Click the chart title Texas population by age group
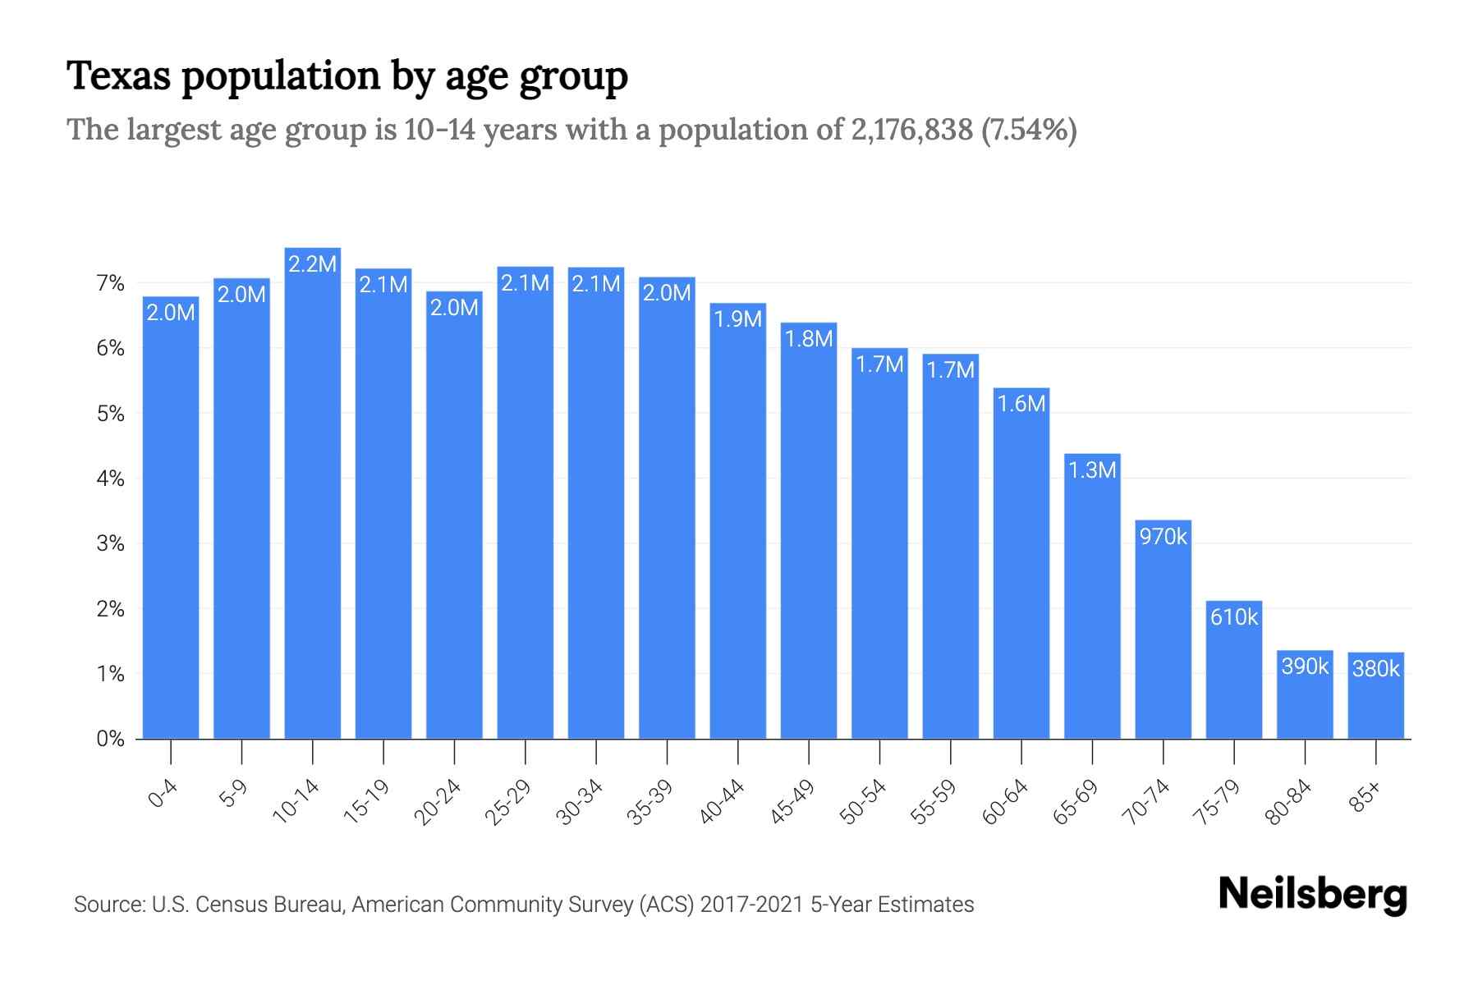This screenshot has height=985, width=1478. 347,76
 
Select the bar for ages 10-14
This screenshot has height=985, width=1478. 313,492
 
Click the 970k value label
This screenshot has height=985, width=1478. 1164,537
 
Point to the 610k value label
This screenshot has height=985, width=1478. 1234,617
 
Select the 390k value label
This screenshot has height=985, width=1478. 1305,667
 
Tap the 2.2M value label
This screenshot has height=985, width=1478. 313,263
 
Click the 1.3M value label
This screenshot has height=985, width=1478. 1092,470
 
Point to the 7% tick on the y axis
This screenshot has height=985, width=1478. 110,284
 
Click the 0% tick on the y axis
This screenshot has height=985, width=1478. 110,739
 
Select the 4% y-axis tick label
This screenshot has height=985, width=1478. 110,479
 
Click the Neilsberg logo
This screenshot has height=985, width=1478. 1312,895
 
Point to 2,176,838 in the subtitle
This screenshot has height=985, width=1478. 911,130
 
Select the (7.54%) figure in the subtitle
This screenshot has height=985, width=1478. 1029,130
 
